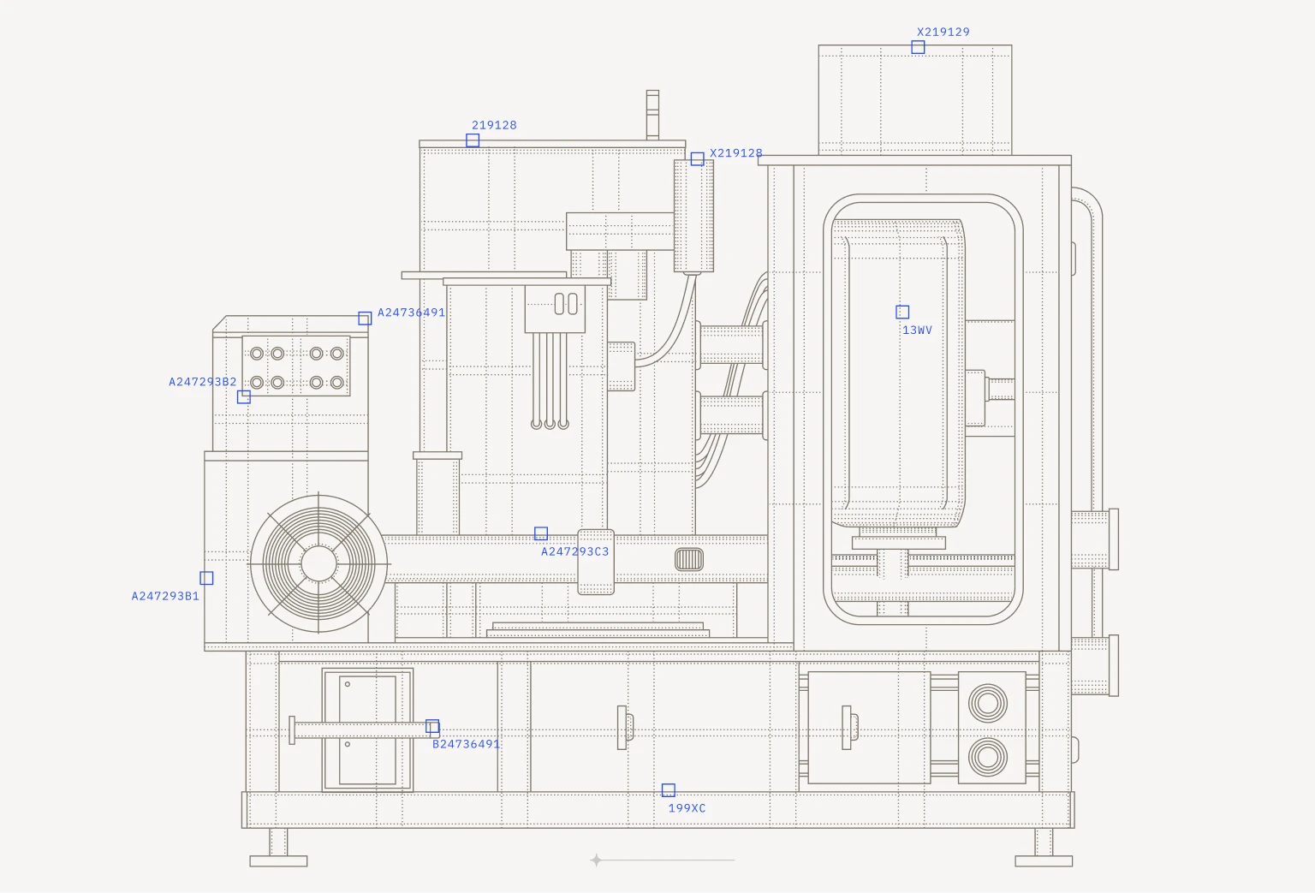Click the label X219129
943,32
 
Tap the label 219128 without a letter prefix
494,125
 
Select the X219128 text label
736,153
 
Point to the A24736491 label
411,313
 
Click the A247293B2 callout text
203,382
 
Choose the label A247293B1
165,596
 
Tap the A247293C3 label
574,551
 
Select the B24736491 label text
466,744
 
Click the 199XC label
687,808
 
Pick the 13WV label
917,330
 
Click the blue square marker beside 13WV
902,312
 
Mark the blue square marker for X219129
918,47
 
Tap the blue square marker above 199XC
668,789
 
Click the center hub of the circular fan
318,563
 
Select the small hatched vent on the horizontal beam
689,560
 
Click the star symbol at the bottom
597,860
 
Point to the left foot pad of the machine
278,860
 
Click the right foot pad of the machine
1044,860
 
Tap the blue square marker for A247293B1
206,578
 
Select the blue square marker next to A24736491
366,319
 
